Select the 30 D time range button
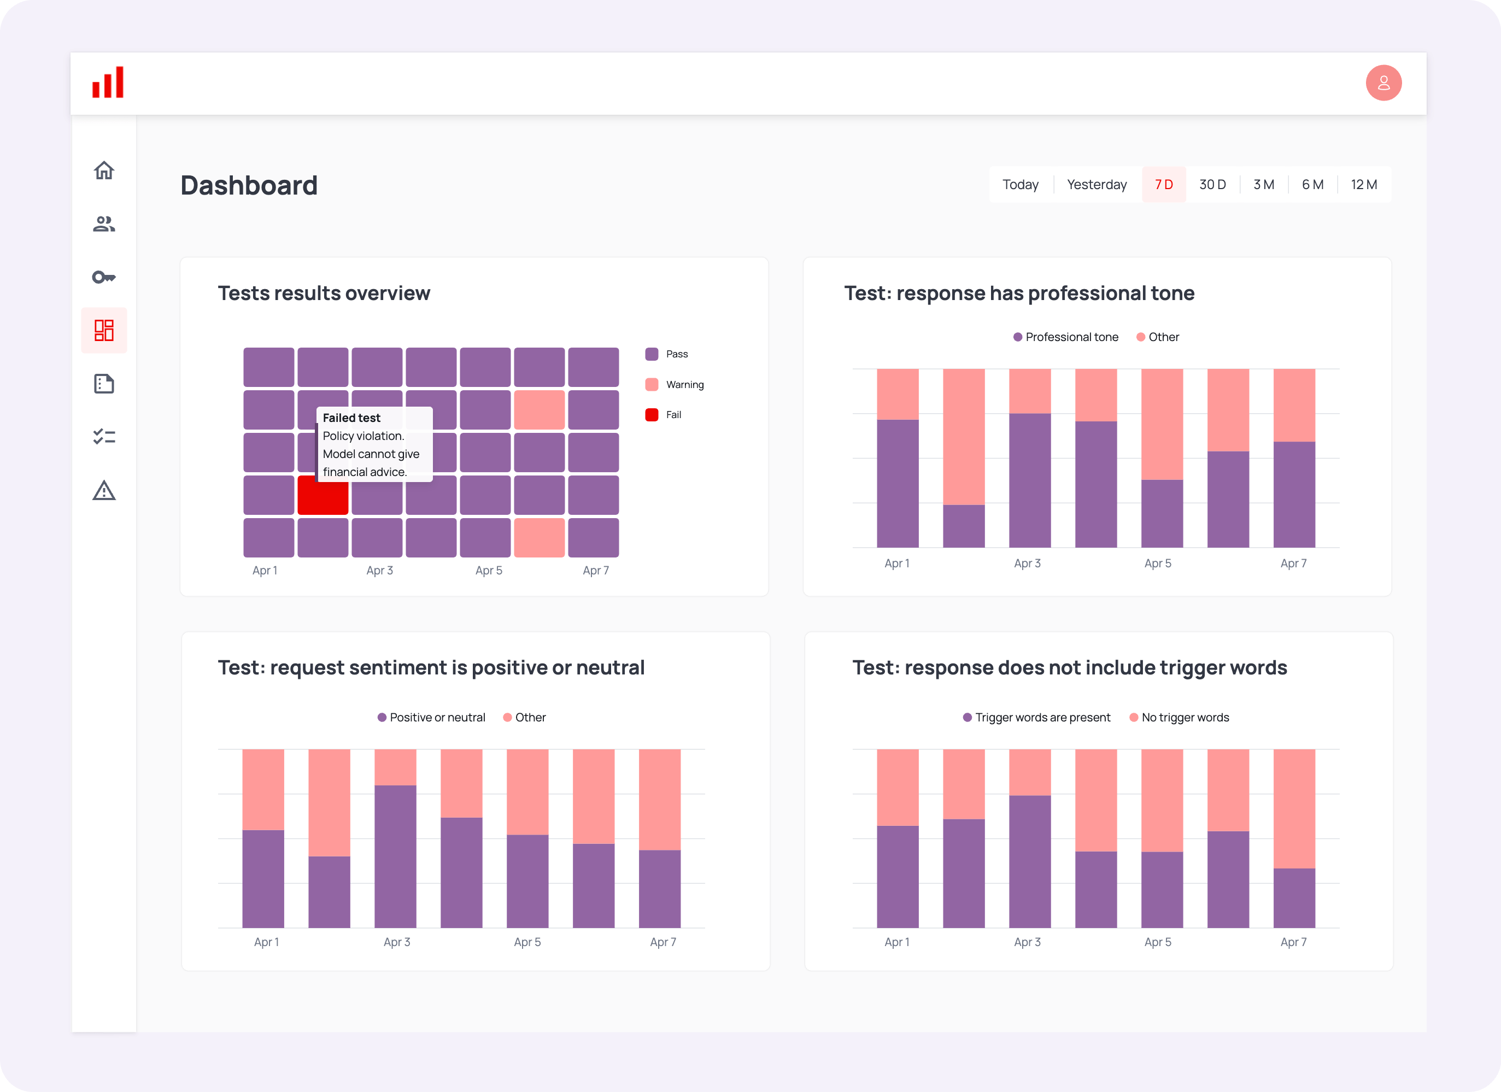pos(1212,185)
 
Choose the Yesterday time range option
pos(1097,185)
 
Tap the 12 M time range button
pos(1363,185)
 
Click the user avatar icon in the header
pos(1383,83)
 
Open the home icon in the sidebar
pos(104,171)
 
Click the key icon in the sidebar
pos(104,277)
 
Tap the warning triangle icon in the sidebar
pos(104,490)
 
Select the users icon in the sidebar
pos(104,224)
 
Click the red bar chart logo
pos(108,83)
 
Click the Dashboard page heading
pos(249,185)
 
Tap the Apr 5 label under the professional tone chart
pos(1158,563)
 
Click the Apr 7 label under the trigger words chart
pos(1293,942)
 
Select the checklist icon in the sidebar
pos(104,437)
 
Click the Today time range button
pos(1020,185)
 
